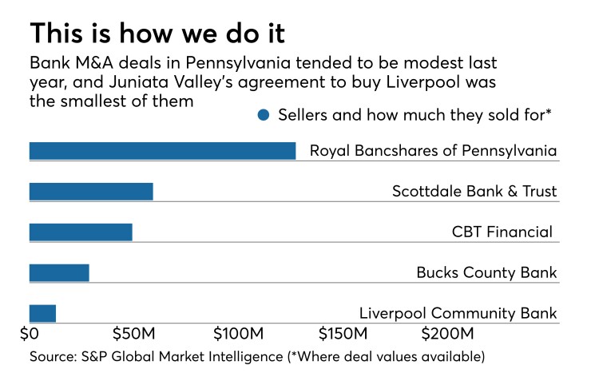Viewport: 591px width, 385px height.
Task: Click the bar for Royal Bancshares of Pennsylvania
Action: tap(162, 151)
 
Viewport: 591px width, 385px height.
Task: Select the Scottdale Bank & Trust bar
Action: tap(91, 192)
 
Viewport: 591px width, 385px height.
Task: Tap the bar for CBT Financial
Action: tap(81, 232)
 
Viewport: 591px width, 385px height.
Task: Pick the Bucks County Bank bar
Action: tap(59, 273)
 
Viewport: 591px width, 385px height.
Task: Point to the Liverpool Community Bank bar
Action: tap(42, 313)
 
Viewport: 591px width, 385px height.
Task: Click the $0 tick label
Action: tap(29, 332)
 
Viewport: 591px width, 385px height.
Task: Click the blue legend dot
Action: tap(264, 115)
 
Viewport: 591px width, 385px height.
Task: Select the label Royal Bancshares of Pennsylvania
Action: tap(433, 151)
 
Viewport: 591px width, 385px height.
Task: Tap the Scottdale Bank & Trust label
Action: tap(474, 192)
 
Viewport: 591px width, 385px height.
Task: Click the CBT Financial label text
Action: tap(502, 232)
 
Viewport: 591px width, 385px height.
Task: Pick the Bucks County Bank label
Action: tap(486, 273)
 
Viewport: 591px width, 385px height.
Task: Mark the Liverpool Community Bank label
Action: tap(458, 313)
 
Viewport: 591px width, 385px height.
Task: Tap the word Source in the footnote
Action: tap(53, 355)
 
